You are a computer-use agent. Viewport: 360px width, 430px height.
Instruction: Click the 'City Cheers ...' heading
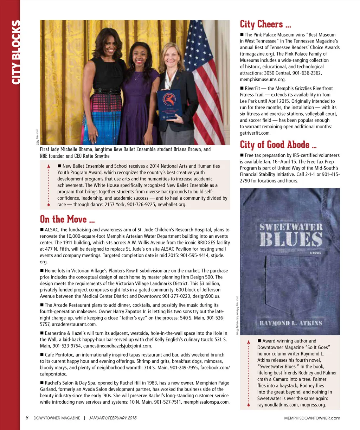pyautogui.click(x=265, y=24)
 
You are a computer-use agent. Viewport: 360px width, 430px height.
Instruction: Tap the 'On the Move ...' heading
pyautogui.click(x=67, y=219)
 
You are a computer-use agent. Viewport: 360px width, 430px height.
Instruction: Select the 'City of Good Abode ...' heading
pyautogui.click(x=278, y=145)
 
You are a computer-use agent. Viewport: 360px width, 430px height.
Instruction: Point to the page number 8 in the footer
pyautogui.click(x=27, y=418)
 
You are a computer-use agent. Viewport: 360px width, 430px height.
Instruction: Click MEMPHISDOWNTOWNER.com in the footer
pyautogui.click(x=312, y=418)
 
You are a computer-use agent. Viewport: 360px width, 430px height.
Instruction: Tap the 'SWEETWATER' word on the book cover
pyautogui.click(x=291, y=227)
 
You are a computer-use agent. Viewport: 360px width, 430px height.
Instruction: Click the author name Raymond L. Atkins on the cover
pyautogui.click(x=291, y=323)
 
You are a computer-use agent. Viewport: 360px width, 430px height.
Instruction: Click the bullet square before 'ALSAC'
pyautogui.click(x=42, y=230)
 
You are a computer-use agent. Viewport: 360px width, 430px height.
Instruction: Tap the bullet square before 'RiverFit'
pyautogui.click(x=242, y=88)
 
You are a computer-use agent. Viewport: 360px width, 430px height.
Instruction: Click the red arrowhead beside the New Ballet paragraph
pyautogui.click(x=49, y=166)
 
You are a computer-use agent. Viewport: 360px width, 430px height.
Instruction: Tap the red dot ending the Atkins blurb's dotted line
pyautogui.click(x=249, y=405)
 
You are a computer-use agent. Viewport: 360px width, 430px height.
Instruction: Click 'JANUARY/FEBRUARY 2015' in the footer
pyautogui.click(x=112, y=418)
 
